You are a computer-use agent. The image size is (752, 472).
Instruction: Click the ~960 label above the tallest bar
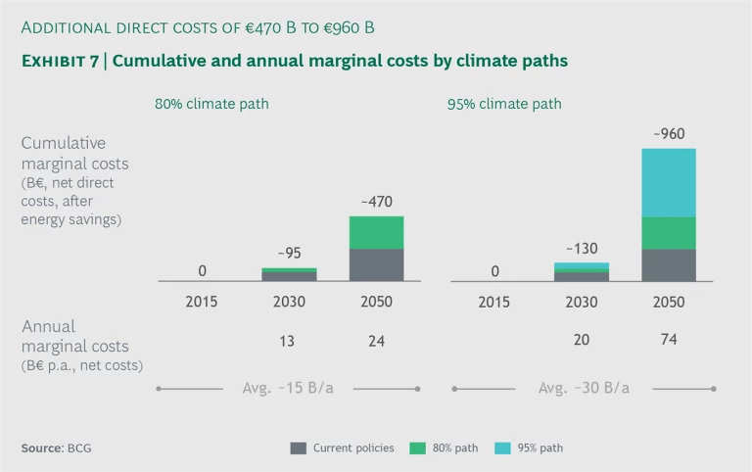tap(669, 133)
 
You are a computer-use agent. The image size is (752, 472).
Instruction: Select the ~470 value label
tap(377, 202)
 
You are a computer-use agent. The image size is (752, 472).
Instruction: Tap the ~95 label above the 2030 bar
tap(289, 253)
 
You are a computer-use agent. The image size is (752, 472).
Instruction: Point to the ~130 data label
tap(582, 249)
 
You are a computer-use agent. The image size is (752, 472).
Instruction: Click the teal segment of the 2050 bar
tap(669, 182)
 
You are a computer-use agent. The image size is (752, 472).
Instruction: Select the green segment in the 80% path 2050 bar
tap(377, 232)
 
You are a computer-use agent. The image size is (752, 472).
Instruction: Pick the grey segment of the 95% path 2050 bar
tap(669, 264)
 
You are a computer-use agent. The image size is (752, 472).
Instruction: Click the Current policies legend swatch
tap(299, 448)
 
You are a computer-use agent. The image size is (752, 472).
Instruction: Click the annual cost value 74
tap(669, 339)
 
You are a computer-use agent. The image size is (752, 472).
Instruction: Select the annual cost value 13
tap(289, 341)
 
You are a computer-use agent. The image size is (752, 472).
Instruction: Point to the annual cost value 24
tap(377, 341)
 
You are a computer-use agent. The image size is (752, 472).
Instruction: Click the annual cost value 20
tap(582, 341)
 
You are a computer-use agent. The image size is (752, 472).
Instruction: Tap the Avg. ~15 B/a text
tap(288, 388)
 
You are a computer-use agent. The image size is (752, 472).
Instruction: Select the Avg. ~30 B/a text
tap(584, 388)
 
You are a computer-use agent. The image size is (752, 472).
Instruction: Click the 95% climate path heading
tap(506, 104)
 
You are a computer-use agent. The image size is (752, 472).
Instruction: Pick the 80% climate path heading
tap(211, 104)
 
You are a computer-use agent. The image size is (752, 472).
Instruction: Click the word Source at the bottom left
tap(41, 448)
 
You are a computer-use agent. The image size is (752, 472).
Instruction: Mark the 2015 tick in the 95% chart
tap(494, 302)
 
